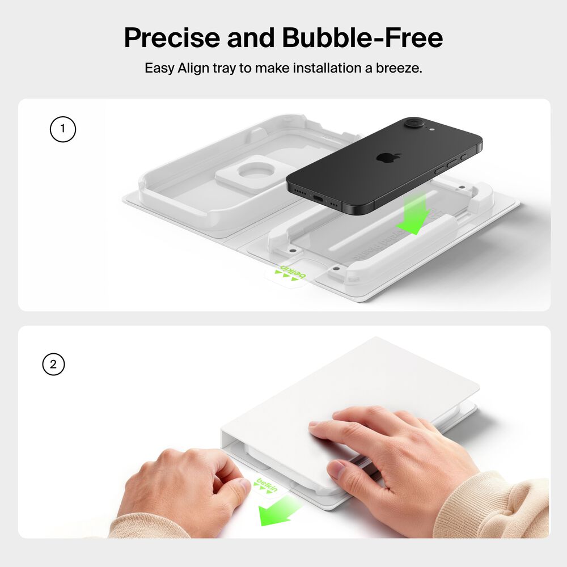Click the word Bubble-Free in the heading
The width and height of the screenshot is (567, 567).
point(362,39)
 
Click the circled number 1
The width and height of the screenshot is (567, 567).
point(62,129)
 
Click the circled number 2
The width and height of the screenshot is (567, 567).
point(53,365)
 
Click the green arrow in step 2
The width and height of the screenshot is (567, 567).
point(279,508)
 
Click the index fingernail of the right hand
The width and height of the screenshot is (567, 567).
point(336,469)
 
